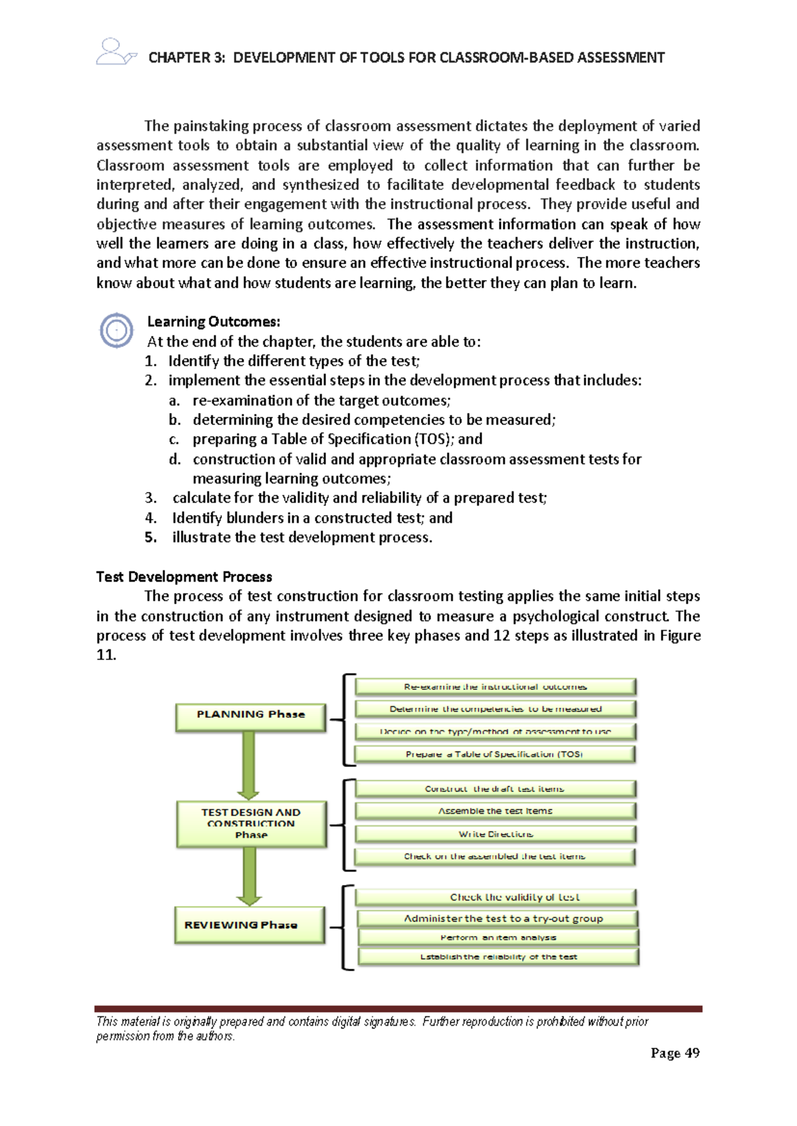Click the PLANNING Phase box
point(250,717)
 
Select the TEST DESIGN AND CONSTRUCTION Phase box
point(251,823)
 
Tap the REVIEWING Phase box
point(249,925)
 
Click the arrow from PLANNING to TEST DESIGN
point(248,765)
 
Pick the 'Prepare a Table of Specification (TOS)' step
point(495,754)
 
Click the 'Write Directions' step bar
point(495,834)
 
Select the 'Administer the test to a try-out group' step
point(497,919)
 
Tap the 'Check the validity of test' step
point(495,898)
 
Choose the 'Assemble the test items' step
point(495,811)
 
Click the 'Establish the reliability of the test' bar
point(497,957)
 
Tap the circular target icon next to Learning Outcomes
point(116,330)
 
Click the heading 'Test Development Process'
point(184,576)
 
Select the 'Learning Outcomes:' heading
point(213,322)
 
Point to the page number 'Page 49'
point(675,1053)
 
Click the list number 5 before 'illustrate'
point(151,537)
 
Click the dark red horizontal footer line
point(398,1008)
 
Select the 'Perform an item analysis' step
point(497,937)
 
